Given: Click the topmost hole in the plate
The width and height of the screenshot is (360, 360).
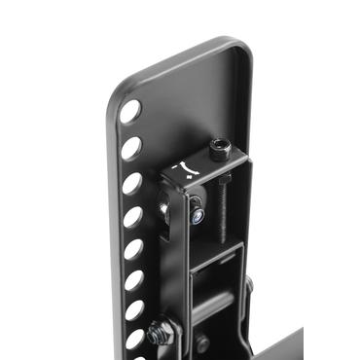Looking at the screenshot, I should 129,111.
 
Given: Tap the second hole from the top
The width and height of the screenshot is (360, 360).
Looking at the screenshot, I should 131,148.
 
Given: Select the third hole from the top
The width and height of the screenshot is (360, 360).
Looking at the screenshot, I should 132,183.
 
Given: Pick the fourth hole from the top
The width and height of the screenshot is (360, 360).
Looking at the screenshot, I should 133,216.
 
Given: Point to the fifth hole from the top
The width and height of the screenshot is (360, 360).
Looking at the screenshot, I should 133,249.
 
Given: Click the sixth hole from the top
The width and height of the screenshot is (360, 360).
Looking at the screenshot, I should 134,280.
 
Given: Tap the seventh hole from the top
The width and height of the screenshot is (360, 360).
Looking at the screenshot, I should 134,311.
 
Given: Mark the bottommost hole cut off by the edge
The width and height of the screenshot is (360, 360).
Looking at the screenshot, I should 134,341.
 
